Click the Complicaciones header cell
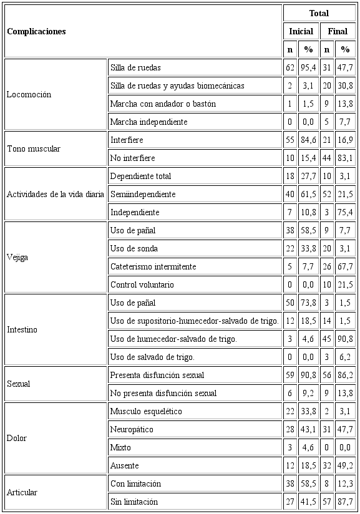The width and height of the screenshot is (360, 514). [36, 31]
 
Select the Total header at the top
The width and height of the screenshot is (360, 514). [318, 13]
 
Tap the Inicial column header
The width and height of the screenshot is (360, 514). [301, 31]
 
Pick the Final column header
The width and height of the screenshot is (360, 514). [338, 31]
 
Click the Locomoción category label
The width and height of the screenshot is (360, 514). [29, 95]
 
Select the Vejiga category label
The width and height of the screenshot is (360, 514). [17, 257]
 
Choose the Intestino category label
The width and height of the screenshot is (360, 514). [22, 329]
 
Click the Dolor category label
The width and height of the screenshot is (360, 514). [17, 438]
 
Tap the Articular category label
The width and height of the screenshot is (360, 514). [22, 492]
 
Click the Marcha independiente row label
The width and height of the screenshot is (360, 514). [148, 122]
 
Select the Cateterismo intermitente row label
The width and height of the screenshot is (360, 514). [153, 266]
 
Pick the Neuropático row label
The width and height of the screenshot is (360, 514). [132, 429]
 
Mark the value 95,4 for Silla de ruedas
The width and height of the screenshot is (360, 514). [308, 67]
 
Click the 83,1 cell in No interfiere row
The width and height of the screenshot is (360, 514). [345, 158]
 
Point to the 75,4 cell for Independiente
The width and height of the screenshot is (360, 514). [345, 212]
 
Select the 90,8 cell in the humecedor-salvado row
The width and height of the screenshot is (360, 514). [345, 339]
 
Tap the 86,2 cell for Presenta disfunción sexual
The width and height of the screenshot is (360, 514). [345, 375]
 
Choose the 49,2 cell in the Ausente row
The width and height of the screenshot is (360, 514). [345, 465]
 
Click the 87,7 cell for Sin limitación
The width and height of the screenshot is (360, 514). [345, 502]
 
